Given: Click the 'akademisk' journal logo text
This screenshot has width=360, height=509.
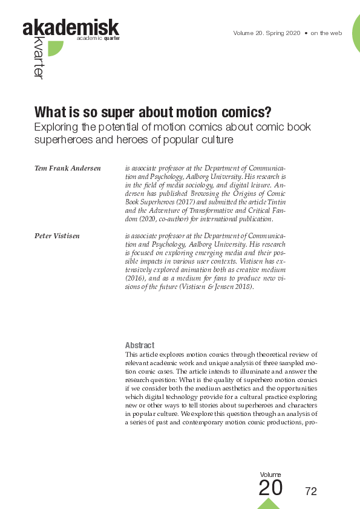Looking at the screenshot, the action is point(70,27).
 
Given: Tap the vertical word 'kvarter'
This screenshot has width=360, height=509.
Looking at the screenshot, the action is point(38,59).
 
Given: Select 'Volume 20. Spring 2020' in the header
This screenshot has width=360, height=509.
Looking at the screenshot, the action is point(267,33).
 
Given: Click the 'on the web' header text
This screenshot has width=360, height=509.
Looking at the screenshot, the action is point(327,33).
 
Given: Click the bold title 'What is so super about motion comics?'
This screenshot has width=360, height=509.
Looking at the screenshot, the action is point(152,113).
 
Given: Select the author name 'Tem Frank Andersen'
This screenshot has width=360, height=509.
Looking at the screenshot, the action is point(67,167).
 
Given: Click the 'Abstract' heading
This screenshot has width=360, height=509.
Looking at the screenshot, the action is point(139,345).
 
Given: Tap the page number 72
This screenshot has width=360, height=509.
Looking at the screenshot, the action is point(311,491).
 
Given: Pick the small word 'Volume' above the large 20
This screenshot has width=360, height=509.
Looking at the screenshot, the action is point(270,475).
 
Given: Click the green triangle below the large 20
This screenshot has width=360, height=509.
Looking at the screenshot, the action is point(269,503).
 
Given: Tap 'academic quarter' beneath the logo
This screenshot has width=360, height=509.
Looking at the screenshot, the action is point(98,38).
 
